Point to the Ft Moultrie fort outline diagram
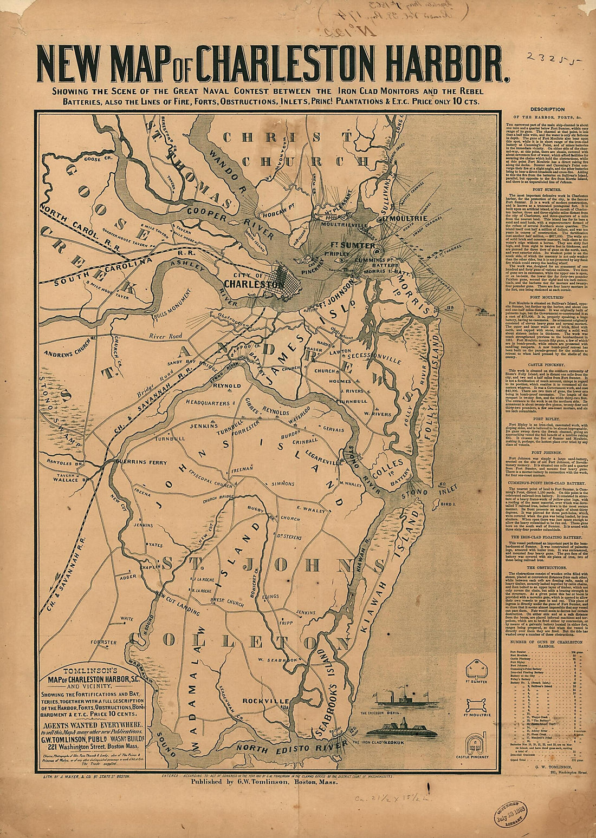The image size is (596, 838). (475, 704)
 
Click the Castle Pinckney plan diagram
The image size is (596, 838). (475, 741)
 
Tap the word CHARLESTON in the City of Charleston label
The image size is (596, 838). (252, 283)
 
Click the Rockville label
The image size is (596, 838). (265, 700)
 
